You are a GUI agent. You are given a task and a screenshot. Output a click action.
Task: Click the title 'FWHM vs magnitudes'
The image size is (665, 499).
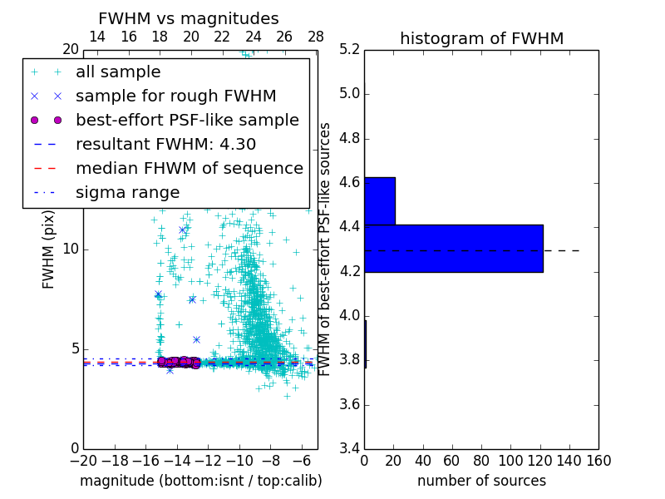click(x=189, y=18)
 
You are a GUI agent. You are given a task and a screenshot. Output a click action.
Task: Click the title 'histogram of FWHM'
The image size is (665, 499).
click(x=481, y=38)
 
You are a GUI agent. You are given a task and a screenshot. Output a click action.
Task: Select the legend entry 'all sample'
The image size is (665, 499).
click(x=118, y=72)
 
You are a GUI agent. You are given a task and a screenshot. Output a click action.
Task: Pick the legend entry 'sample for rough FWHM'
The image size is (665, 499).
click(x=175, y=96)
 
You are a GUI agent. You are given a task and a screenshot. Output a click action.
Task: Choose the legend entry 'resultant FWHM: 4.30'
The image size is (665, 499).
click(x=165, y=144)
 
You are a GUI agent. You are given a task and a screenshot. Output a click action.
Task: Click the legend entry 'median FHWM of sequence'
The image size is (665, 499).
click(x=189, y=168)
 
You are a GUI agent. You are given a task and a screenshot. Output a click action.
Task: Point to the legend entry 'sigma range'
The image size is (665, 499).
click(x=127, y=192)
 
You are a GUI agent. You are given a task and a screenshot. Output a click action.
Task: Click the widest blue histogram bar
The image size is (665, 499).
click(x=453, y=248)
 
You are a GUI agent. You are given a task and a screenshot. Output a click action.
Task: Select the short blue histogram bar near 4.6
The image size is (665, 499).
click(x=379, y=200)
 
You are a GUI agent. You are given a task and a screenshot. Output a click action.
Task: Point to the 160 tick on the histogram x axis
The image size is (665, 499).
click(x=598, y=460)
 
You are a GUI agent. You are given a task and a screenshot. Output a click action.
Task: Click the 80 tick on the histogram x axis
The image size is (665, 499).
click(x=481, y=460)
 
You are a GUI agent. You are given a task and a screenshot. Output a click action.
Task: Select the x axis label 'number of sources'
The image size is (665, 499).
click(x=481, y=481)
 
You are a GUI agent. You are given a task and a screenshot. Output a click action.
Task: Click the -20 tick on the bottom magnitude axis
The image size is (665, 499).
click(x=83, y=460)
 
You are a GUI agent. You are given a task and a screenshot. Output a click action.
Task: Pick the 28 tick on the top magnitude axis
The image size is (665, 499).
click(x=316, y=37)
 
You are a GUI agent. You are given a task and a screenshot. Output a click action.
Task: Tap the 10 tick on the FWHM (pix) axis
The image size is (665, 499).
click(x=71, y=249)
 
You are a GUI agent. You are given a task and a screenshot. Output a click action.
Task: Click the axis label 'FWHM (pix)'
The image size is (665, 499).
click(x=49, y=249)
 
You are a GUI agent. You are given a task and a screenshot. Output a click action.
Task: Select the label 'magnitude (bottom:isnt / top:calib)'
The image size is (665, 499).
click(x=200, y=481)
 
